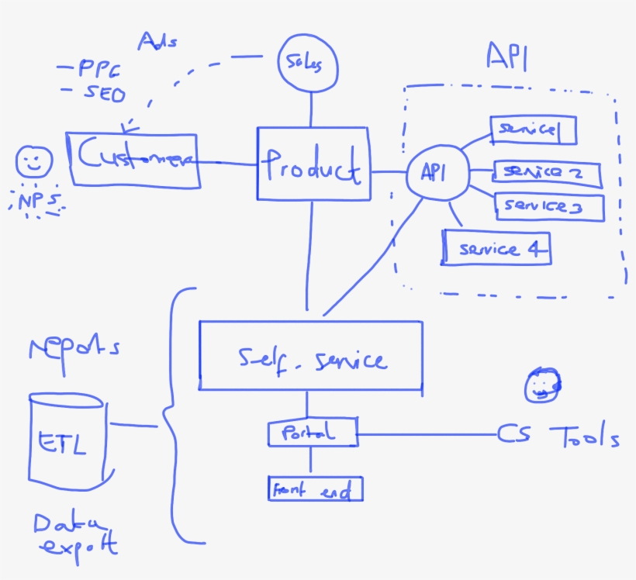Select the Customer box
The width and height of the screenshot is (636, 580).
click(x=134, y=159)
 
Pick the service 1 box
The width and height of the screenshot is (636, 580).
click(x=533, y=129)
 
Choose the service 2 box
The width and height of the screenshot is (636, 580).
click(x=548, y=174)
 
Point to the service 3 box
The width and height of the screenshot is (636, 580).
click(x=549, y=206)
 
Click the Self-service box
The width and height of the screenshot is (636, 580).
click(x=311, y=355)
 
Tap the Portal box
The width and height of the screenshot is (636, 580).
click(x=313, y=433)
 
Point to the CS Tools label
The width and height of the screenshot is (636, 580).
click(x=558, y=437)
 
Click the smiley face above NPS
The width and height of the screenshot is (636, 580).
click(x=33, y=161)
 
